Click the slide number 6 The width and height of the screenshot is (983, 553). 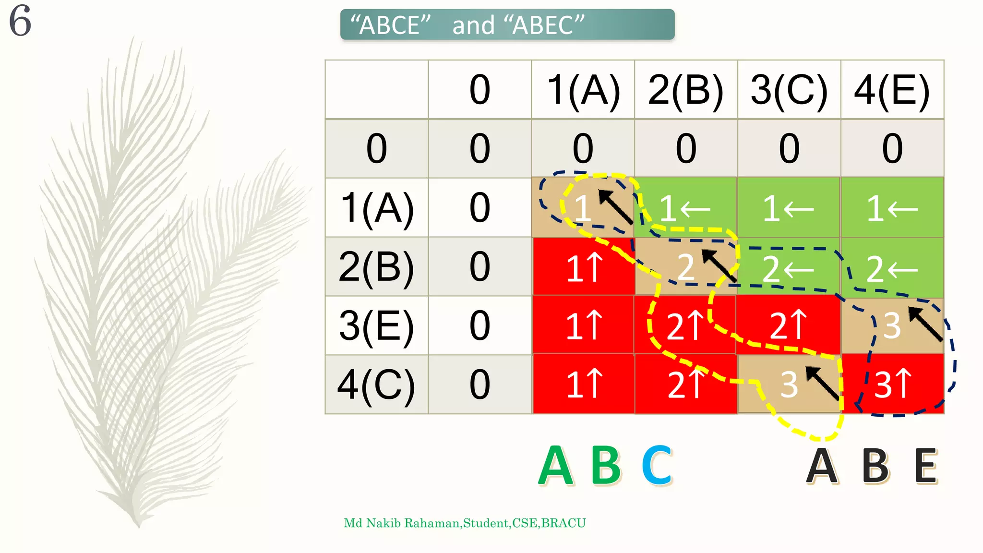point(20,21)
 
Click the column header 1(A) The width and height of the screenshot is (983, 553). point(583,90)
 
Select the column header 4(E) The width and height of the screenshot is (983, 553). point(892,90)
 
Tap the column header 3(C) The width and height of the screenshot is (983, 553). point(789,90)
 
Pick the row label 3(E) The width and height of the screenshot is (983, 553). point(376,326)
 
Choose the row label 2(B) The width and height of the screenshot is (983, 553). point(376,267)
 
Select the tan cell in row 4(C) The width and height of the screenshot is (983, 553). point(789,384)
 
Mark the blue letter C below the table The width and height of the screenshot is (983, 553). point(657,465)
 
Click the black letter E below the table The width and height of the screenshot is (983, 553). point(926,465)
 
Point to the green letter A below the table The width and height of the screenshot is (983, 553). point(556,465)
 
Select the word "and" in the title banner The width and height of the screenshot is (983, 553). point(473,25)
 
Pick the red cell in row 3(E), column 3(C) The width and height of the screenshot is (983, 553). point(788,325)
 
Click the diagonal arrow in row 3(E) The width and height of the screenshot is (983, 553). point(925,324)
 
